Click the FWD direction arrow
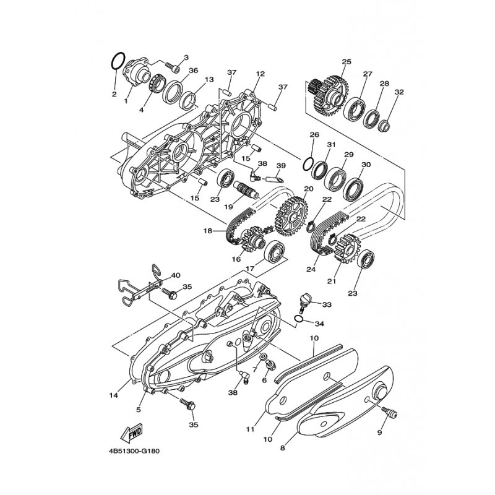(x=132, y=432)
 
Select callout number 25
(x=346, y=61)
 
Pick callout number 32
(x=399, y=92)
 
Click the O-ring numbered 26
(x=308, y=164)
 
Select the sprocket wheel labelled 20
(x=291, y=215)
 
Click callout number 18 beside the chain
(x=207, y=231)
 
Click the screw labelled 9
(x=389, y=413)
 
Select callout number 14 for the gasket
(x=114, y=395)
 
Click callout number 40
(x=176, y=275)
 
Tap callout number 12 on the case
(x=260, y=74)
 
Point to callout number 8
(x=283, y=447)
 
